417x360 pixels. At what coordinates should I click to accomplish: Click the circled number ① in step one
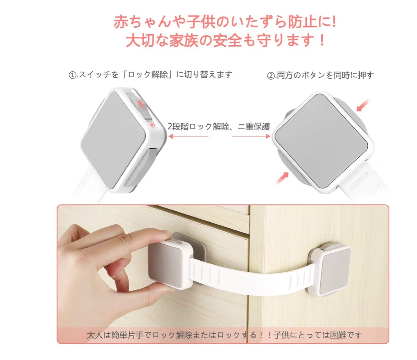[72, 75]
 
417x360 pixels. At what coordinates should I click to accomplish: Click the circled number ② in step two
[270, 76]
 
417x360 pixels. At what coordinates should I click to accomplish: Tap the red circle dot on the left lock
[152, 125]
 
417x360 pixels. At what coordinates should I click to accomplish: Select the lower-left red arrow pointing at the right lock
[282, 178]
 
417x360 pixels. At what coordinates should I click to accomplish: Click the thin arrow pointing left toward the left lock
[188, 136]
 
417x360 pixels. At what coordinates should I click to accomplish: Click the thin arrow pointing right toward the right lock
[251, 136]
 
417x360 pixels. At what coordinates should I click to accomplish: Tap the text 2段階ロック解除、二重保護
[219, 127]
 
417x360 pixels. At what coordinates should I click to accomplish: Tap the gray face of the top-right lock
[321, 140]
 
